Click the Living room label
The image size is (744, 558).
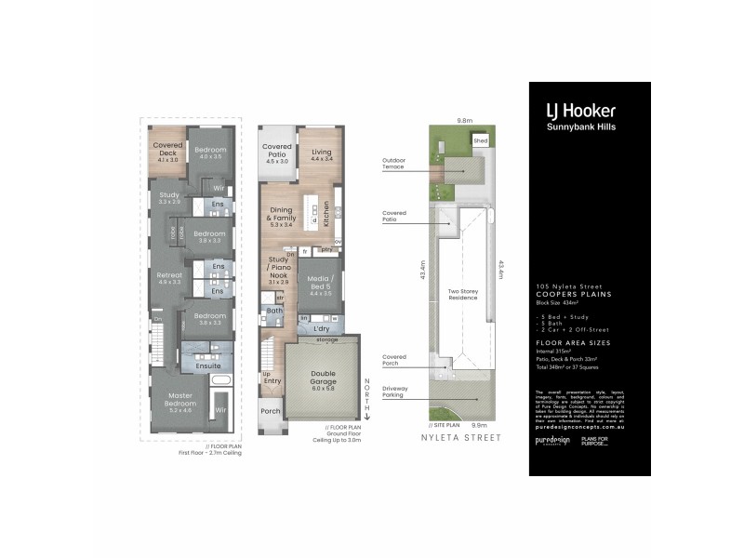[321, 155]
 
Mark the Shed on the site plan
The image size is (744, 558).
[480, 141]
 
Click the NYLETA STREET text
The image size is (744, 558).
[460, 436]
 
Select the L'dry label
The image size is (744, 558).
[322, 330]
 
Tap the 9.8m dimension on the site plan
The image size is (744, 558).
[464, 120]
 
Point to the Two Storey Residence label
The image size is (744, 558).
[462, 294]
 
